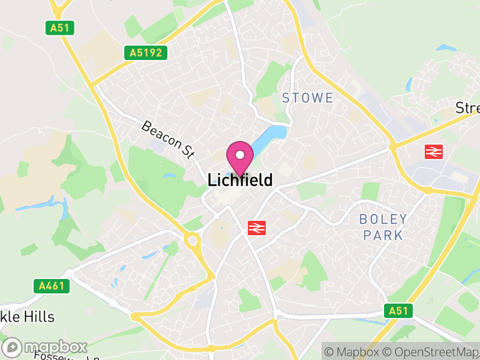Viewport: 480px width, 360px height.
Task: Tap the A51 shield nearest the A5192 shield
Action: (x=56, y=27)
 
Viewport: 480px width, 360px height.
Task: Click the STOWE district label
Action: (x=307, y=98)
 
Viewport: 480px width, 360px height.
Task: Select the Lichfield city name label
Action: (x=240, y=180)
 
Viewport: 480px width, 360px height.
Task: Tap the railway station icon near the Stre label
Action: (x=433, y=151)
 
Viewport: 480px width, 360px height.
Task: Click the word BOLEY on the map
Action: (x=383, y=219)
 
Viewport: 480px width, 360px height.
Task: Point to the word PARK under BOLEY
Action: (x=383, y=235)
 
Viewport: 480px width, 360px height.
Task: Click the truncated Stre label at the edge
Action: (x=467, y=108)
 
